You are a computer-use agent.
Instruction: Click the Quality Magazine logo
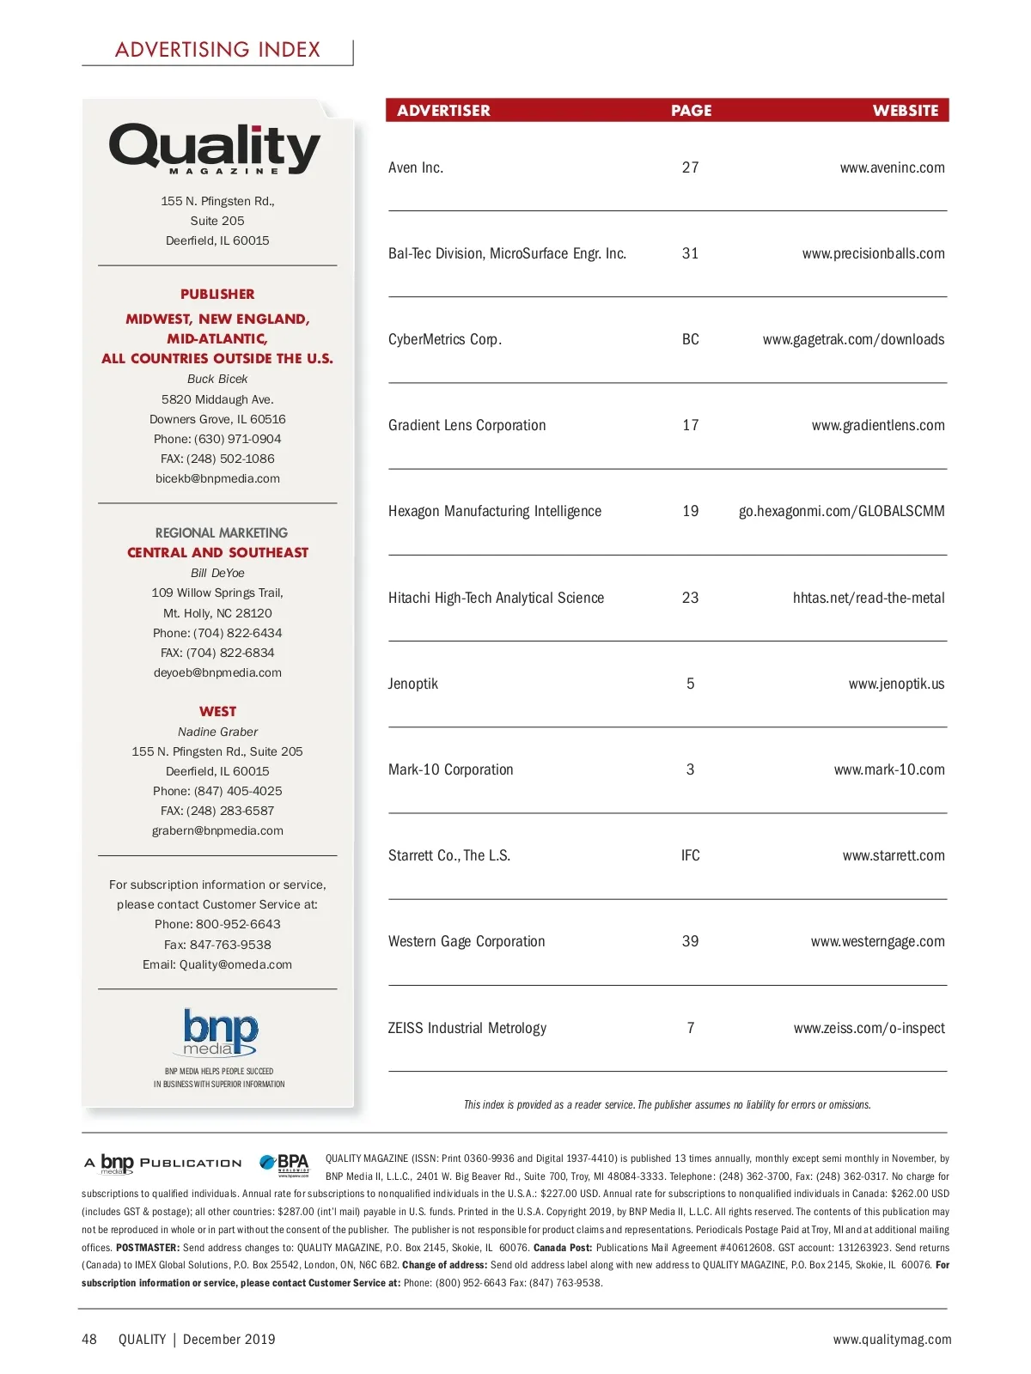215,149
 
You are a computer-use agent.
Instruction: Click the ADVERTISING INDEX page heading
217,50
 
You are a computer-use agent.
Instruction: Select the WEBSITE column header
906,111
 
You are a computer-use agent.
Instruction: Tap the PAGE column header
691,111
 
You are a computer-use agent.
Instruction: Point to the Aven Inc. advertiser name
416,168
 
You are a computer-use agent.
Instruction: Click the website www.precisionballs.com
873,254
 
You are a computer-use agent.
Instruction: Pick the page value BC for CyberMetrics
691,340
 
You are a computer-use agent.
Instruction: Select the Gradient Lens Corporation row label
467,426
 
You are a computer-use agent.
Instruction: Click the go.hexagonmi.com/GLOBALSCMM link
841,512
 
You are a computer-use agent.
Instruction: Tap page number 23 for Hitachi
690,598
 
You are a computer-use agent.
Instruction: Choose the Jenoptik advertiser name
413,684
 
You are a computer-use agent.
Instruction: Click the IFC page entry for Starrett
691,856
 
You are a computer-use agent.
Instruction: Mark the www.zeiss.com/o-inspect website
869,1029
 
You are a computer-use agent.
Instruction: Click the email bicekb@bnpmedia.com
217,479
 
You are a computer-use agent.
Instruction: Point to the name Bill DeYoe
217,574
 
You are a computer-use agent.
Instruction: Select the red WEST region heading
217,712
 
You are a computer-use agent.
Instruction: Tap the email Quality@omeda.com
235,965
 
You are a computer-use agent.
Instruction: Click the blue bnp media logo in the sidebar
220,1031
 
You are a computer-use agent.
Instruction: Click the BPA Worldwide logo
285,1164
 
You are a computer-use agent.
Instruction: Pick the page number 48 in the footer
89,1340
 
